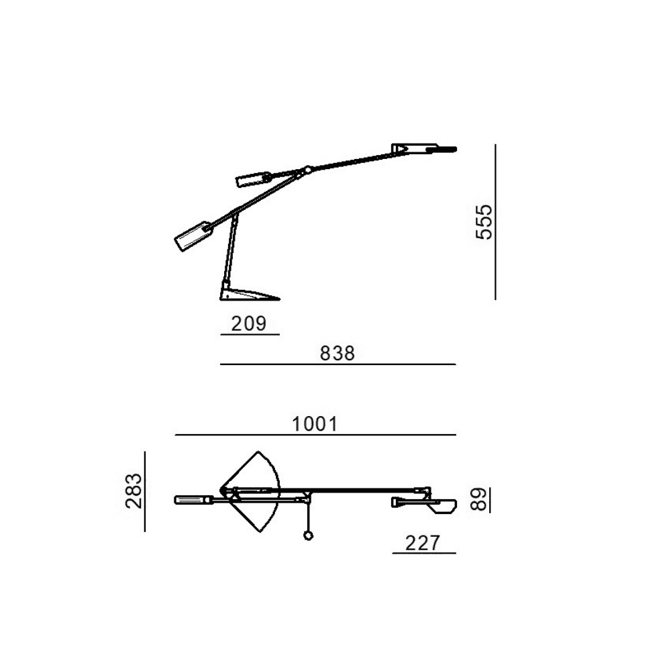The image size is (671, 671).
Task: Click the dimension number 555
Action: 484,222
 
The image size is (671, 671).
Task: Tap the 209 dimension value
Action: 249,323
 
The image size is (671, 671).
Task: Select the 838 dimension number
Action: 338,354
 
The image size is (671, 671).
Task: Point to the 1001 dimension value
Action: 315,424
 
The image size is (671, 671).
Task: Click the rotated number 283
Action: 134,491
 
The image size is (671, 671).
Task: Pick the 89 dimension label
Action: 479,499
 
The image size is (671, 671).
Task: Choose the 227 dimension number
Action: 422,543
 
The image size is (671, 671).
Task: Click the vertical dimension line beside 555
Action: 495,221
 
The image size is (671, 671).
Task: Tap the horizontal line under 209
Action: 250,334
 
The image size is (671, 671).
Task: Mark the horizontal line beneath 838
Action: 338,364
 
